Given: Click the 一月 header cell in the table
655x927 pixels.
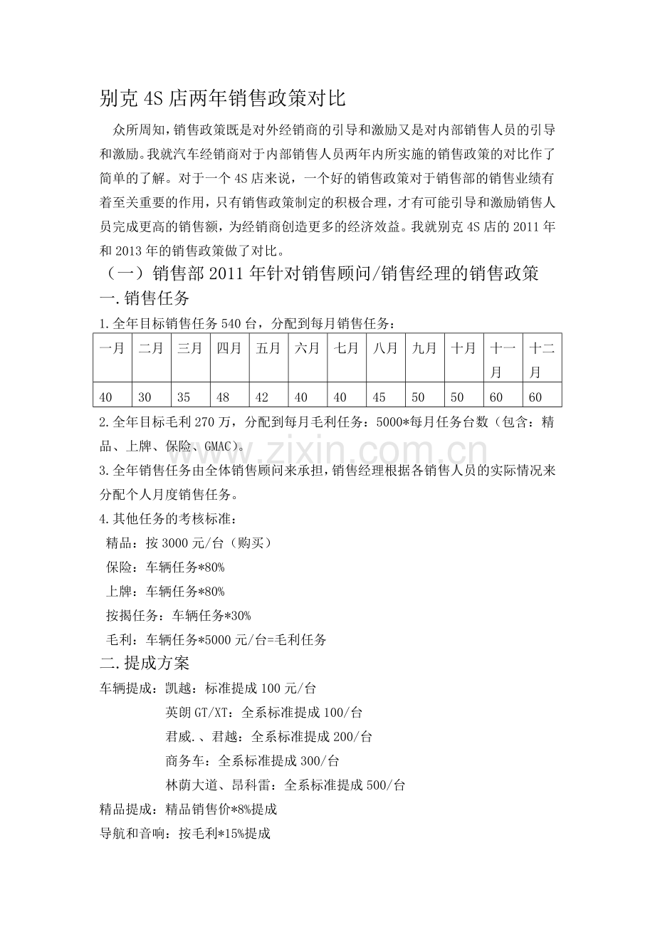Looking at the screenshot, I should (112, 349).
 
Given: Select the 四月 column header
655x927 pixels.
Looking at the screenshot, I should (229, 349).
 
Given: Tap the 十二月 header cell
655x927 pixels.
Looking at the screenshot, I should (542, 360).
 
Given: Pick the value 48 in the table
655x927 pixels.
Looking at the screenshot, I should (223, 395).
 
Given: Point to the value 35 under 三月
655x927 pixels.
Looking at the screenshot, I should (184, 395).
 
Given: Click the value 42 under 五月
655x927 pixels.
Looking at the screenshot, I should (262, 395).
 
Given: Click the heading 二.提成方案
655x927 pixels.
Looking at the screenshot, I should (145, 664).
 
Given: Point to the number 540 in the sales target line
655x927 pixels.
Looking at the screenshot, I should (233, 324).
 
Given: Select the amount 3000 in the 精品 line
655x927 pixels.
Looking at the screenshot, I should (176, 543).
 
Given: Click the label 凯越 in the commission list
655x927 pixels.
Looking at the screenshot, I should (177, 688).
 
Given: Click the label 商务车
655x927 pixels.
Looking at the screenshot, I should (183, 760).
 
